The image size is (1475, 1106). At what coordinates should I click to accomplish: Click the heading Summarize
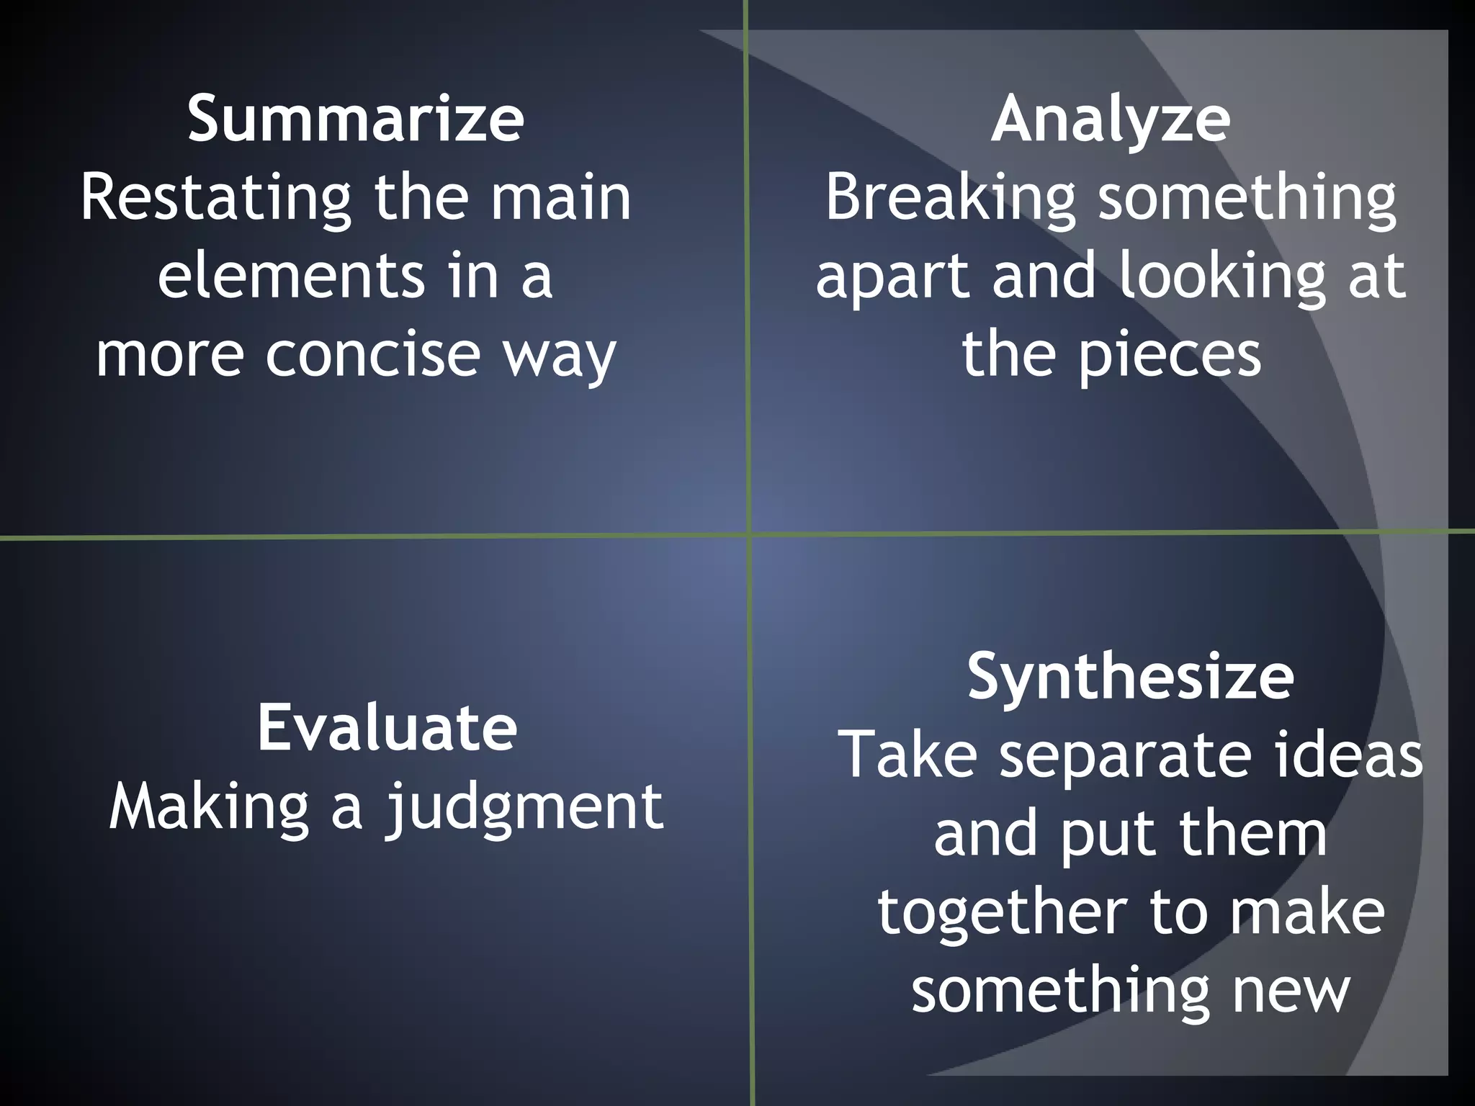(x=356, y=119)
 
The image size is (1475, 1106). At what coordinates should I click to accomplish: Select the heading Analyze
(x=1111, y=120)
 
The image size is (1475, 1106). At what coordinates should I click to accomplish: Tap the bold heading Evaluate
(x=387, y=728)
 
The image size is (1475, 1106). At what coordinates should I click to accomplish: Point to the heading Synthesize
(x=1130, y=677)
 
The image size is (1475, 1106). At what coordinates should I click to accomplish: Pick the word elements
(x=292, y=276)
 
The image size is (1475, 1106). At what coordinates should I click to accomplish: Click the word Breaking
(x=950, y=199)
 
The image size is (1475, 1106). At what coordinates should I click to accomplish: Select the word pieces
(x=1170, y=355)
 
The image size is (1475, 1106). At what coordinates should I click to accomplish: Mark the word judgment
(x=524, y=809)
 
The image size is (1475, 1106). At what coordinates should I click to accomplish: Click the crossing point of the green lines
(x=749, y=534)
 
